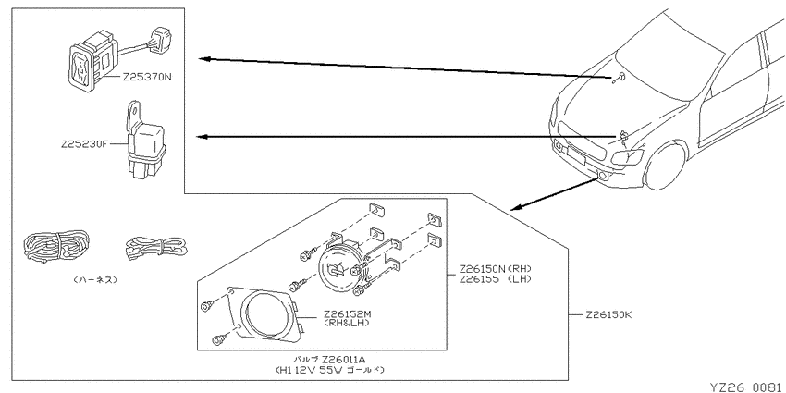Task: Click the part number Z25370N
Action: (x=146, y=78)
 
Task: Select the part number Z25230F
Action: (x=84, y=144)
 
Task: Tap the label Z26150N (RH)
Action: (x=495, y=269)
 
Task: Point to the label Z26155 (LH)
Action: (x=495, y=279)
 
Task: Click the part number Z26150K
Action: (x=608, y=315)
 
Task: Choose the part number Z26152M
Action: (x=347, y=314)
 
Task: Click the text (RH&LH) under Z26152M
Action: (x=347, y=324)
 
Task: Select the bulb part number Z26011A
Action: (x=344, y=360)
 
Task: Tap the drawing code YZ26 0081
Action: (x=747, y=387)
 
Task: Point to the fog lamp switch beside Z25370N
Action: (x=92, y=59)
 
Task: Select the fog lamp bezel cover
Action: (x=260, y=314)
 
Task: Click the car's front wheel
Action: (x=666, y=166)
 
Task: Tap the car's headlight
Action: (x=628, y=157)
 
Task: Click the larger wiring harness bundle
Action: (x=56, y=246)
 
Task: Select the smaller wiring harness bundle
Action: (x=155, y=248)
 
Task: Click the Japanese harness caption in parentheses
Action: (x=94, y=279)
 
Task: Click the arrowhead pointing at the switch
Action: (x=203, y=58)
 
